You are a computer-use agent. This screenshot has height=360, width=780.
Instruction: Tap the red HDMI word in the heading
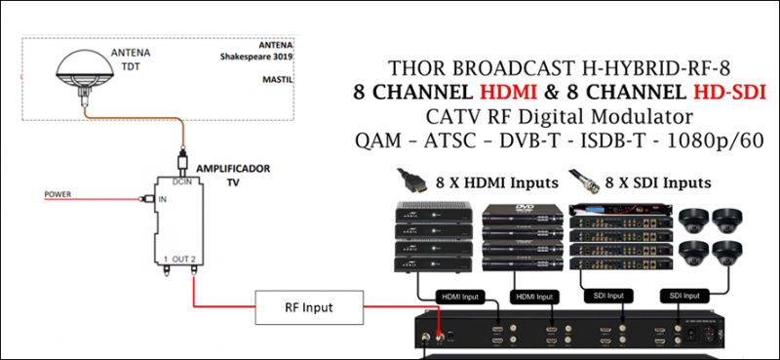(x=513, y=93)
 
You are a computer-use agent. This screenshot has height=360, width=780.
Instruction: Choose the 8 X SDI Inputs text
(x=658, y=181)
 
